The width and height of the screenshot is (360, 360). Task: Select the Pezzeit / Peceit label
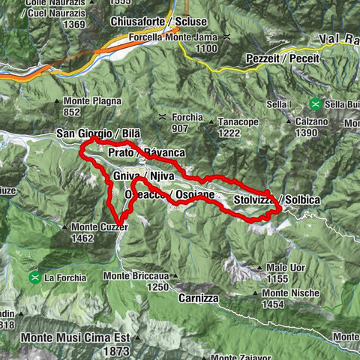pyautogui.click(x=282, y=58)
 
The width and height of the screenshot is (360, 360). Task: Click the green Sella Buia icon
pyautogui.click(x=316, y=104)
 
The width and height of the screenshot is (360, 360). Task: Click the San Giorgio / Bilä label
pyautogui.click(x=98, y=133)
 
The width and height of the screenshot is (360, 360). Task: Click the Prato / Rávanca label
pyautogui.click(x=146, y=153)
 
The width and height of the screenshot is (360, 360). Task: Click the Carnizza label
pyautogui.click(x=199, y=298)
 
